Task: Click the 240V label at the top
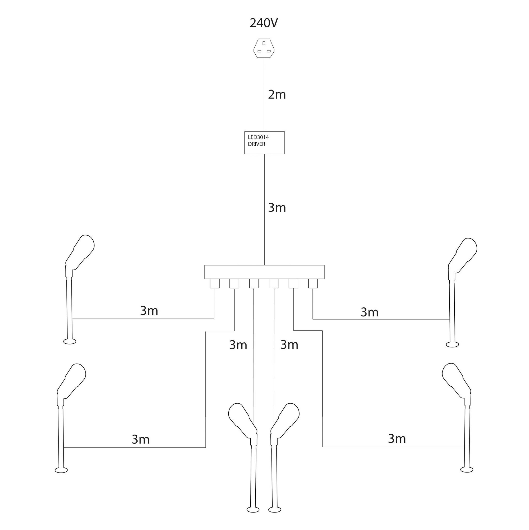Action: point(264,23)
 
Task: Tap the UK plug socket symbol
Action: point(264,48)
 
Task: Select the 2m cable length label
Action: point(277,94)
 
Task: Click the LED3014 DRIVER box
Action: point(264,143)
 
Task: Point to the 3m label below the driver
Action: point(277,208)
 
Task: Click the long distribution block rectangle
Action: point(264,272)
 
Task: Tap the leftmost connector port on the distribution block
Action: point(215,284)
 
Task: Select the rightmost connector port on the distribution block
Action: point(313,284)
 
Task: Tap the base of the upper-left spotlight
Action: point(70,342)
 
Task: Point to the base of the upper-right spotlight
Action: point(452,344)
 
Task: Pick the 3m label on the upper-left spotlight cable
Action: point(149,311)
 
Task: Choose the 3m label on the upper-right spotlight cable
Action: point(369,312)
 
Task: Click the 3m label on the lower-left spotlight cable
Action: point(141,439)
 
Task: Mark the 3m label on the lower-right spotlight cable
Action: point(397,439)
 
